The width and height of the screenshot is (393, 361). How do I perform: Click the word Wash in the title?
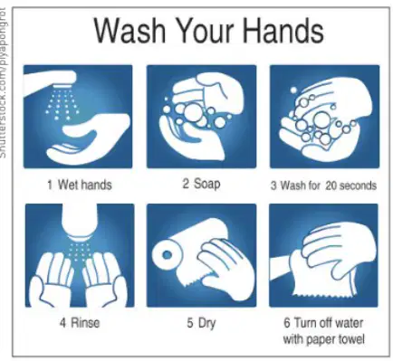pyautogui.click(x=129, y=30)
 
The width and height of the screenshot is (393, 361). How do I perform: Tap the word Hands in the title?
pyautogui.click(x=283, y=30)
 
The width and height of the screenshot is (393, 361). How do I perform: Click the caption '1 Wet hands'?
pyautogui.click(x=80, y=185)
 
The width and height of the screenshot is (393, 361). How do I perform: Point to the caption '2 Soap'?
pyautogui.click(x=201, y=184)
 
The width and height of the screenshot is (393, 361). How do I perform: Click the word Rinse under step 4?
pyautogui.click(x=85, y=323)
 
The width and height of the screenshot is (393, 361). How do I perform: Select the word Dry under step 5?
pyautogui.click(x=206, y=323)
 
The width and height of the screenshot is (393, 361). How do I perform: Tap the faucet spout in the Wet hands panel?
pyautogui.click(x=50, y=81)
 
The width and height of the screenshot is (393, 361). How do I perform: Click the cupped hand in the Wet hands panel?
pyautogui.click(x=89, y=138)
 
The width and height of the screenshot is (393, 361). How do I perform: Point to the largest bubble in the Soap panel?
pyautogui.click(x=193, y=112)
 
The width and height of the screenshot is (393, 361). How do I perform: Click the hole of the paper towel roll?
pyautogui.click(x=167, y=255)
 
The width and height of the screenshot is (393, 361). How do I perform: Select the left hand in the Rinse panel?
pyautogui.click(x=52, y=279)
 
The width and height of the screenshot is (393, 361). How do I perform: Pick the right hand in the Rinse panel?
pyautogui.click(x=105, y=279)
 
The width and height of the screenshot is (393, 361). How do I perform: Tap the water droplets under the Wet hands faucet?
pyautogui.click(x=62, y=104)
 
